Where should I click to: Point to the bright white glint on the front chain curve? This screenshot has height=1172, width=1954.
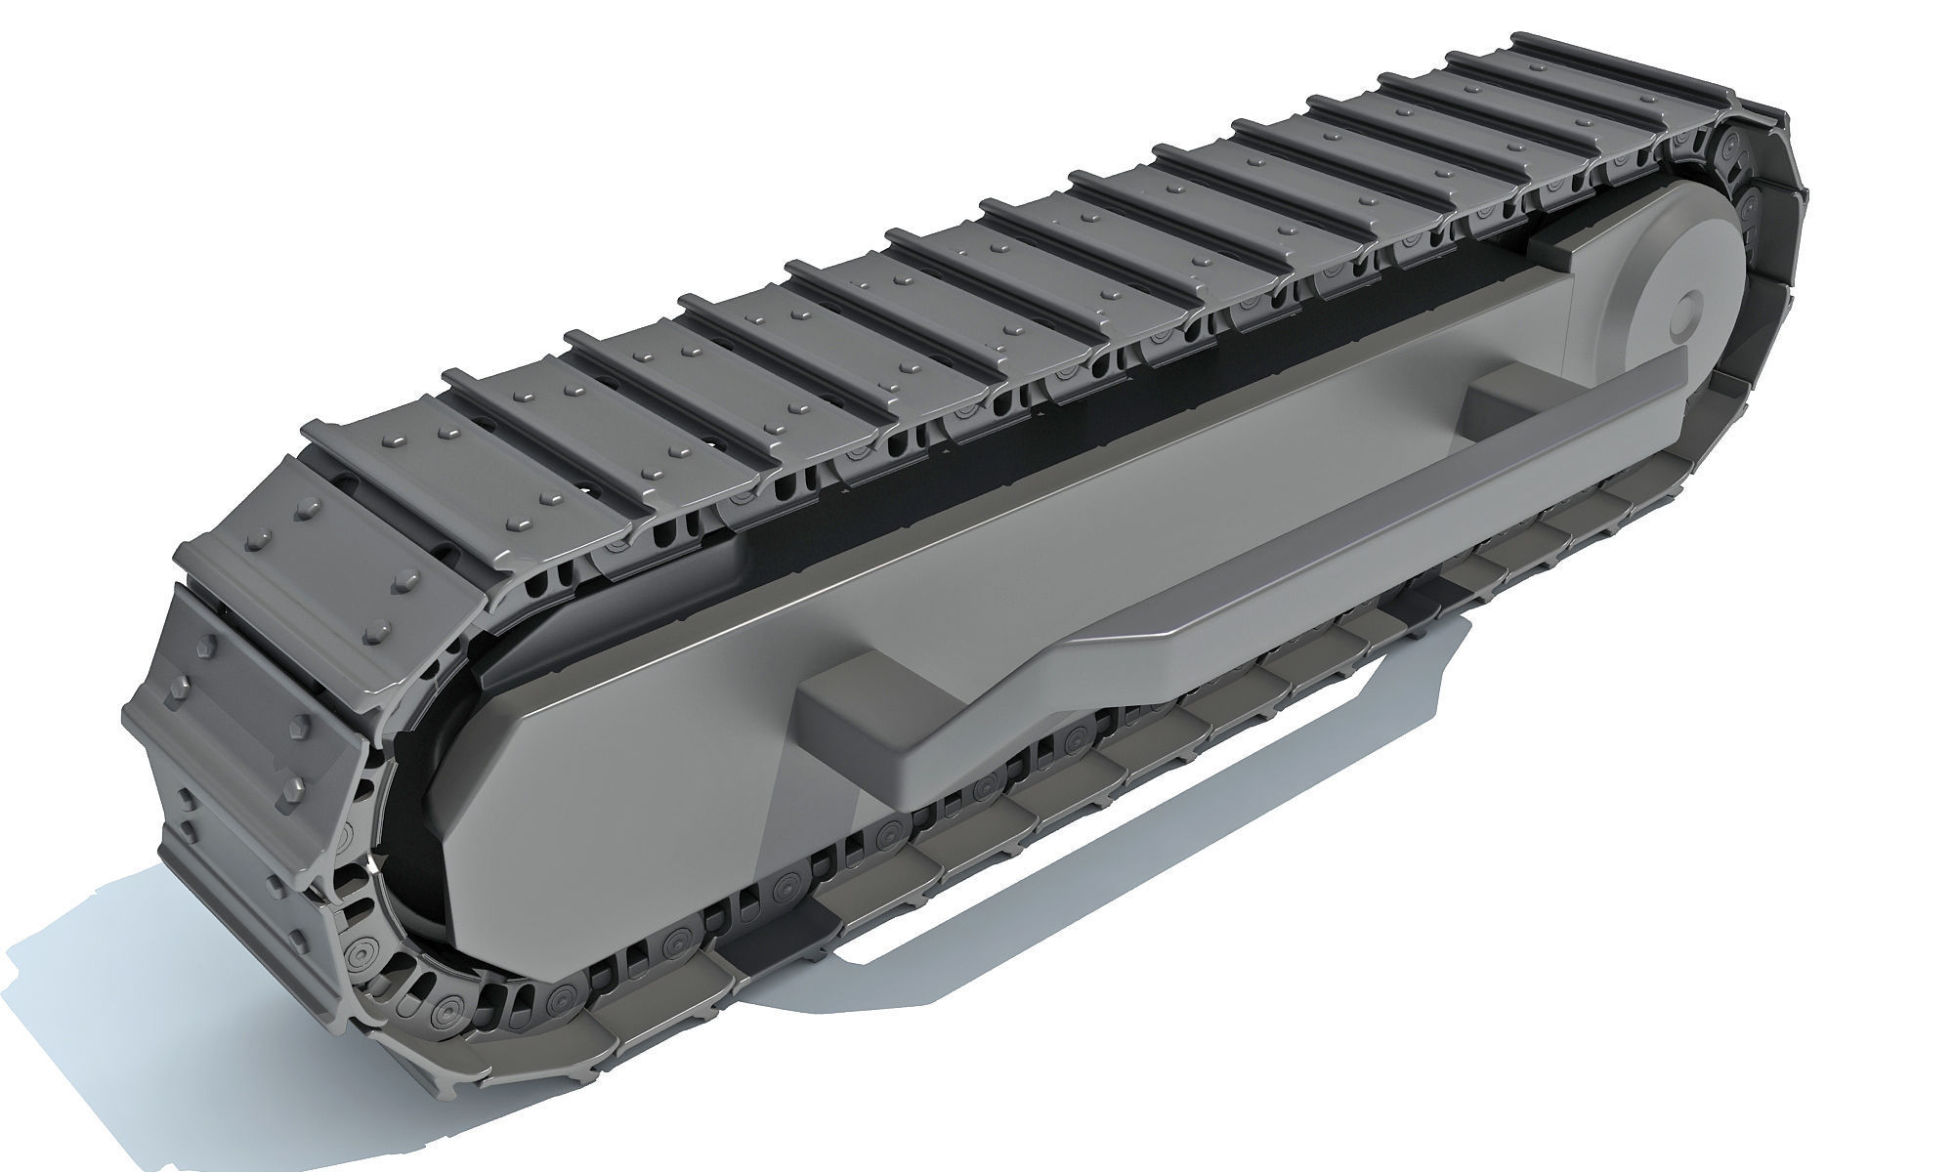[372, 866]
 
